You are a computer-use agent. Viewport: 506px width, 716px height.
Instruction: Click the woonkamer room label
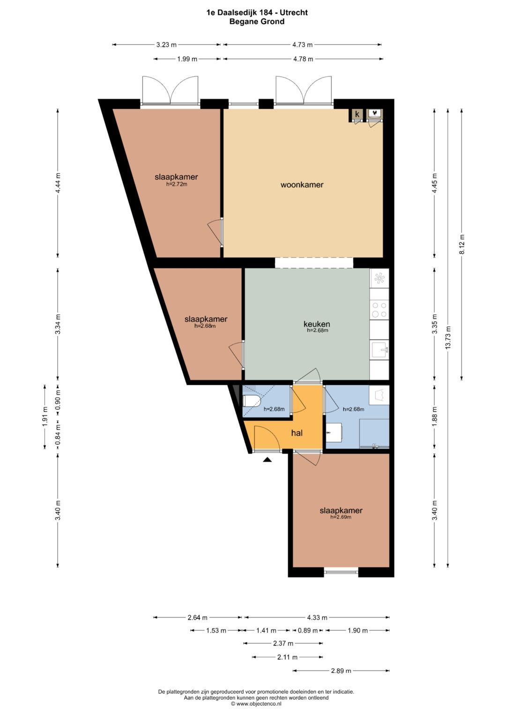coord(302,185)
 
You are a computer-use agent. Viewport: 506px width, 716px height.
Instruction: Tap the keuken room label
coord(317,324)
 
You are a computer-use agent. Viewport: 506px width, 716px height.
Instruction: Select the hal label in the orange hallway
coord(297,433)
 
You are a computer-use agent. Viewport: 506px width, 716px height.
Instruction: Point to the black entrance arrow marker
coord(267,460)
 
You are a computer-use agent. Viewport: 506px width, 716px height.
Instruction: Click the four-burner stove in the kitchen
coord(379,310)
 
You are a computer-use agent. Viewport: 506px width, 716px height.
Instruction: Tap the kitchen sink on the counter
coord(379,350)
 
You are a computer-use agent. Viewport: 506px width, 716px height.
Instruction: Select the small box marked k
coord(357,114)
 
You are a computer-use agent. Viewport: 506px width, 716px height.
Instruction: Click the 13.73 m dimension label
coord(448,338)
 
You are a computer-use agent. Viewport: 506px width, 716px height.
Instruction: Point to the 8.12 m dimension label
coord(461,244)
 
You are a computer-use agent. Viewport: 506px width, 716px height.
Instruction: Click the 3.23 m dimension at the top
coord(166,45)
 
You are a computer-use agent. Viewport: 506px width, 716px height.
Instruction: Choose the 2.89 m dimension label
coord(341,671)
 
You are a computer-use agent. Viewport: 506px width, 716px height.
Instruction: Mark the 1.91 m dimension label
coord(45,416)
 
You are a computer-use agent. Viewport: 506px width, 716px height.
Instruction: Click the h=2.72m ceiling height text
coord(177,184)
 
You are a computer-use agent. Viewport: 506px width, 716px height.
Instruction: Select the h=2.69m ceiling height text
coord(341,517)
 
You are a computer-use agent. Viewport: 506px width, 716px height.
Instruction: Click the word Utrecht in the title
coord(294,13)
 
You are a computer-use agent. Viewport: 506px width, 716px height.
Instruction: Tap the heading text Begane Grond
coord(257,22)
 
